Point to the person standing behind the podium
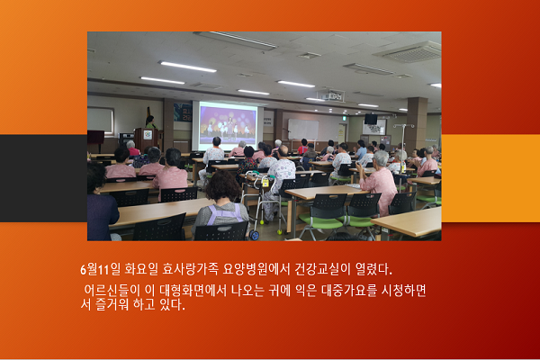point(149,122)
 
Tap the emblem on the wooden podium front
point(148,135)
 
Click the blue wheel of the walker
point(255,235)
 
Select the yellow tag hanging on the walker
point(265,183)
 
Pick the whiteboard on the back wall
point(303,130)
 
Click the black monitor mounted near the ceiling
point(371,119)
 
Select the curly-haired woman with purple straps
point(221,203)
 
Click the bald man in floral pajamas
point(281,172)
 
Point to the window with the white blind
point(100,121)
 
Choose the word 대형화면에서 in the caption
point(193,291)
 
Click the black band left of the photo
point(44,178)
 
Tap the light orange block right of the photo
point(490,178)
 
